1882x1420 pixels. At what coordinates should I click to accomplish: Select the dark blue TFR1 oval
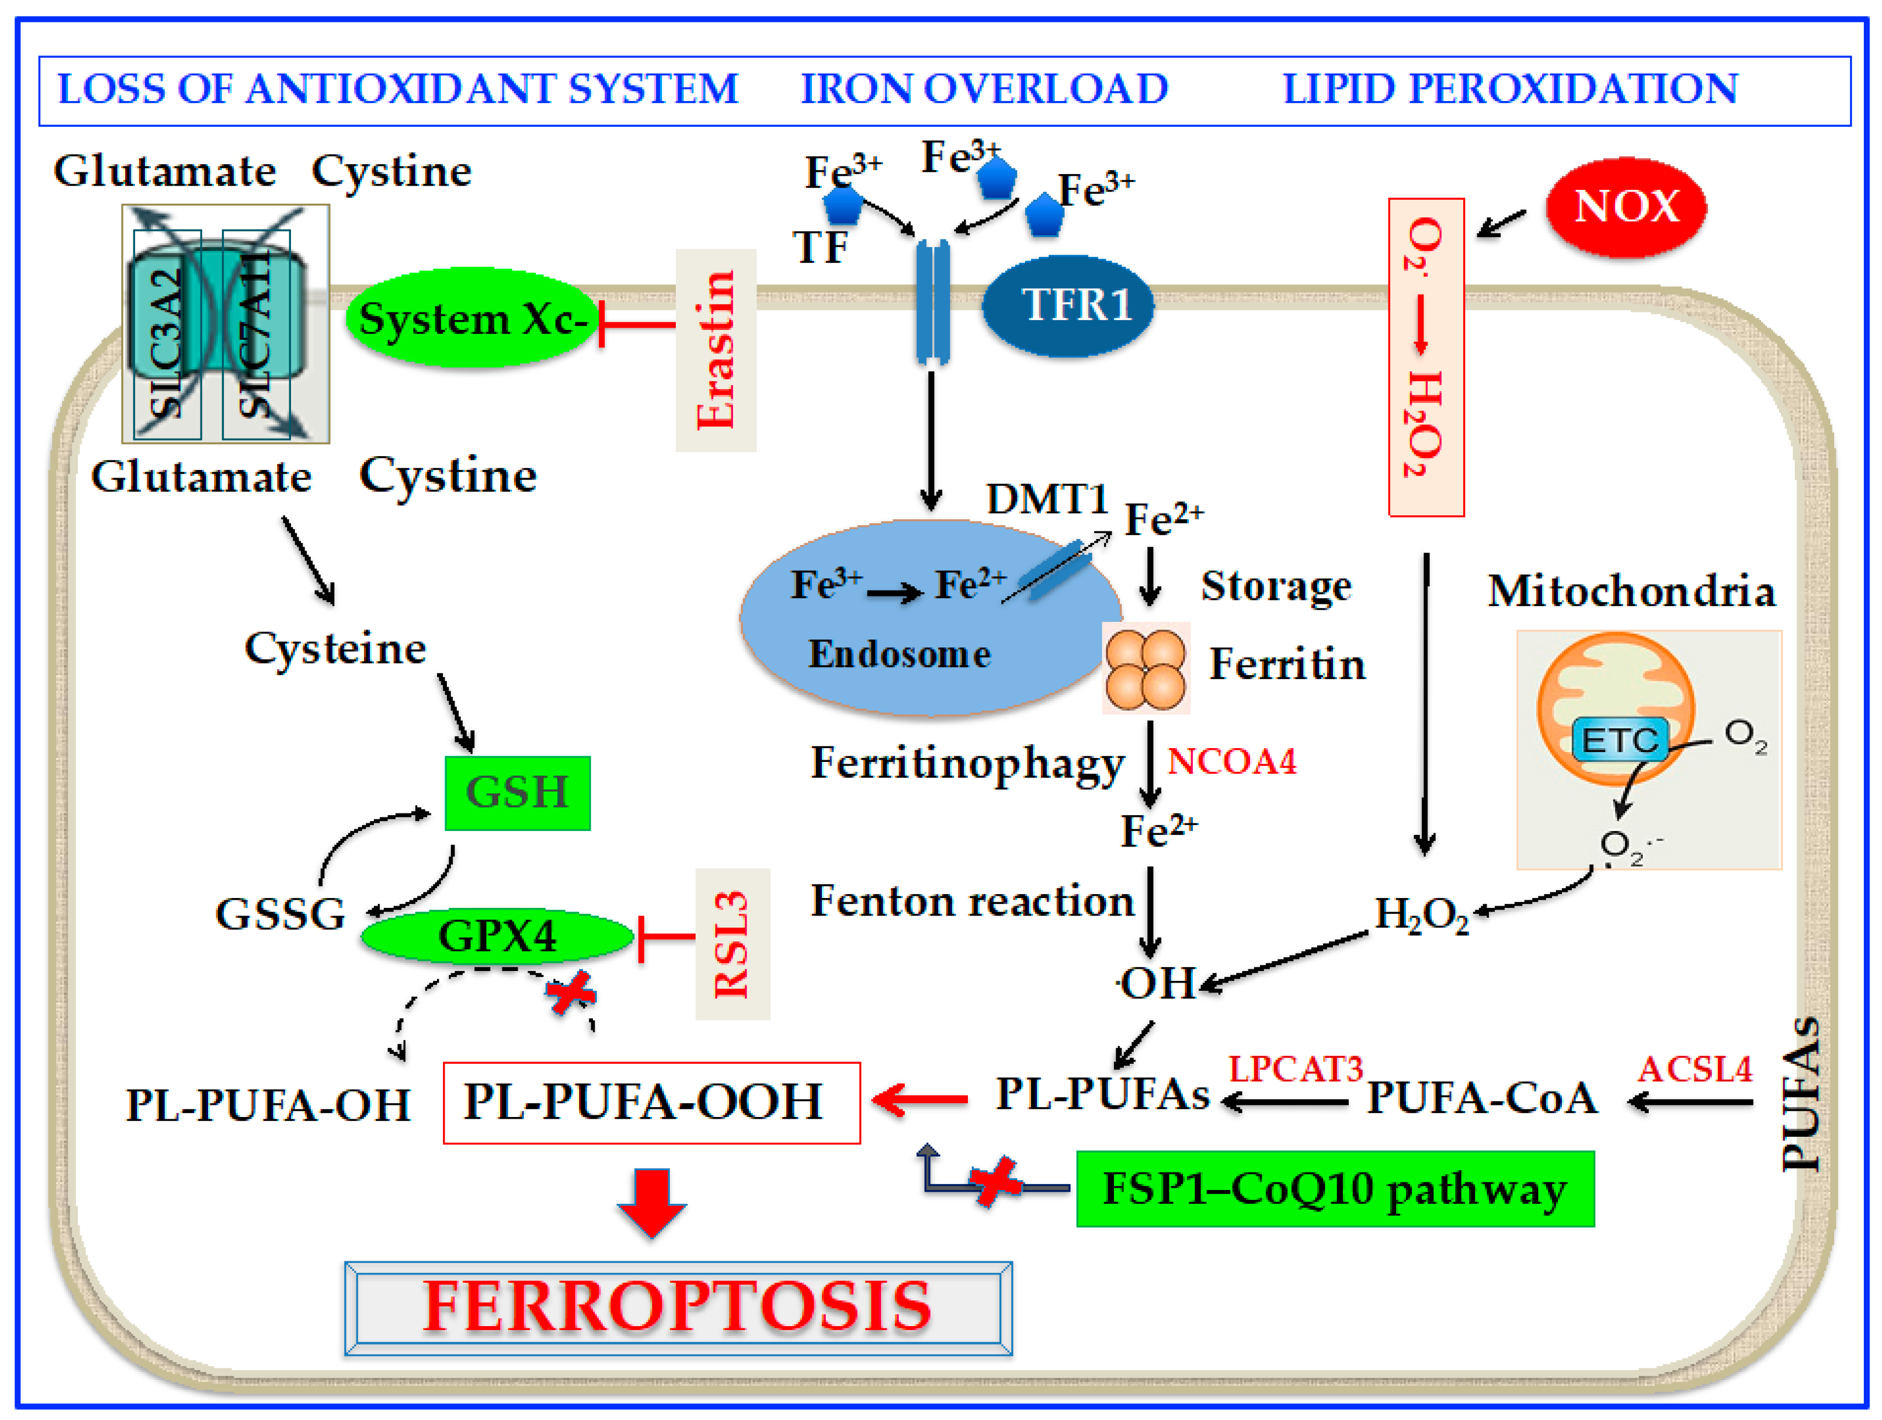[x=1068, y=305]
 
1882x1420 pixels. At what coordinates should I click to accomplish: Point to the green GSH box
[x=517, y=792]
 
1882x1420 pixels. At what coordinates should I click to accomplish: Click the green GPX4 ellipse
[x=498, y=936]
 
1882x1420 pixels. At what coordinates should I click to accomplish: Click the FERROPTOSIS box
[x=678, y=1307]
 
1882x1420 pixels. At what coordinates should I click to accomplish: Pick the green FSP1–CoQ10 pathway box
[x=1334, y=1188]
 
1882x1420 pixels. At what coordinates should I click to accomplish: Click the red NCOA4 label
[x=1231, y=761]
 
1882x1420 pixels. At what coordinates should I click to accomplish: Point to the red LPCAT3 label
[x=1295, y=1069]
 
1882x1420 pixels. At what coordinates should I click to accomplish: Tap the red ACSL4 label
[x=1695, y=1069]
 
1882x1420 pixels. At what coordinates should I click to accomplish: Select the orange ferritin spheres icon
[x=1145, y=669]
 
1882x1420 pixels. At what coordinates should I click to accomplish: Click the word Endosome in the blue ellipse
[x=899, y=653]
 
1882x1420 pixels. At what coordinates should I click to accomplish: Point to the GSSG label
[x=280, y=914]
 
